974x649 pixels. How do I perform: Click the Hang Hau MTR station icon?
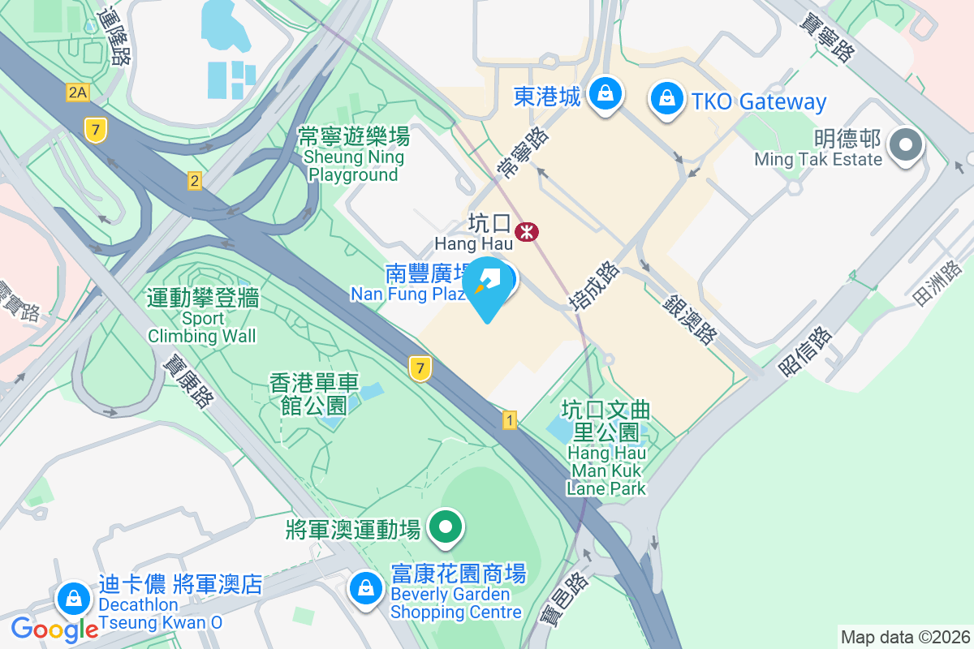pos(528,233)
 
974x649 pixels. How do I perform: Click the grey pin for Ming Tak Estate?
pos(906,147)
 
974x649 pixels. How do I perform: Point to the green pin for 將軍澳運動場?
pos(445,529)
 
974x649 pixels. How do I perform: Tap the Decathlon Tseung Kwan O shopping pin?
pos(74,600)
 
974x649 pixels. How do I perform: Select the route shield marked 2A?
pos(77,92)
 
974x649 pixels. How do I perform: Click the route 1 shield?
pos(510,420)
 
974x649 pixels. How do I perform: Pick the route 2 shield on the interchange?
pos(194,181)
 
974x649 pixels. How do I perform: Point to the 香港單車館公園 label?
pos(314,393)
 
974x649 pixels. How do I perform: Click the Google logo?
pos(54,629)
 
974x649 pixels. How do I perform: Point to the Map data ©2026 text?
pos(904,637)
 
